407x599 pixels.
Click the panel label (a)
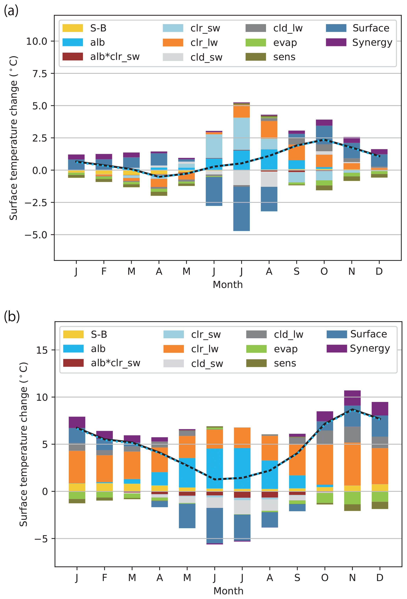(11, 11)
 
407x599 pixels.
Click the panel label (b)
(12, 316)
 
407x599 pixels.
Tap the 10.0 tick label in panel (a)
(37, 41)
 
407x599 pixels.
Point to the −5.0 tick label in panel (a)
(36, 235)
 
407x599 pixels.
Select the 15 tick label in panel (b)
(42, 350)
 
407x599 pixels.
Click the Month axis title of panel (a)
(228, 285)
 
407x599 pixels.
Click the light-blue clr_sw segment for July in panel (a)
(242, 134)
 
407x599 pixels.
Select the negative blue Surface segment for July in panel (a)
(242, 209)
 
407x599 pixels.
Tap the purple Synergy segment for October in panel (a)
(324, 122)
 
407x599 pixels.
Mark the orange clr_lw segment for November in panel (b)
(352, 464)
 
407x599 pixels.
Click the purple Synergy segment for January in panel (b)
(77, 422)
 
